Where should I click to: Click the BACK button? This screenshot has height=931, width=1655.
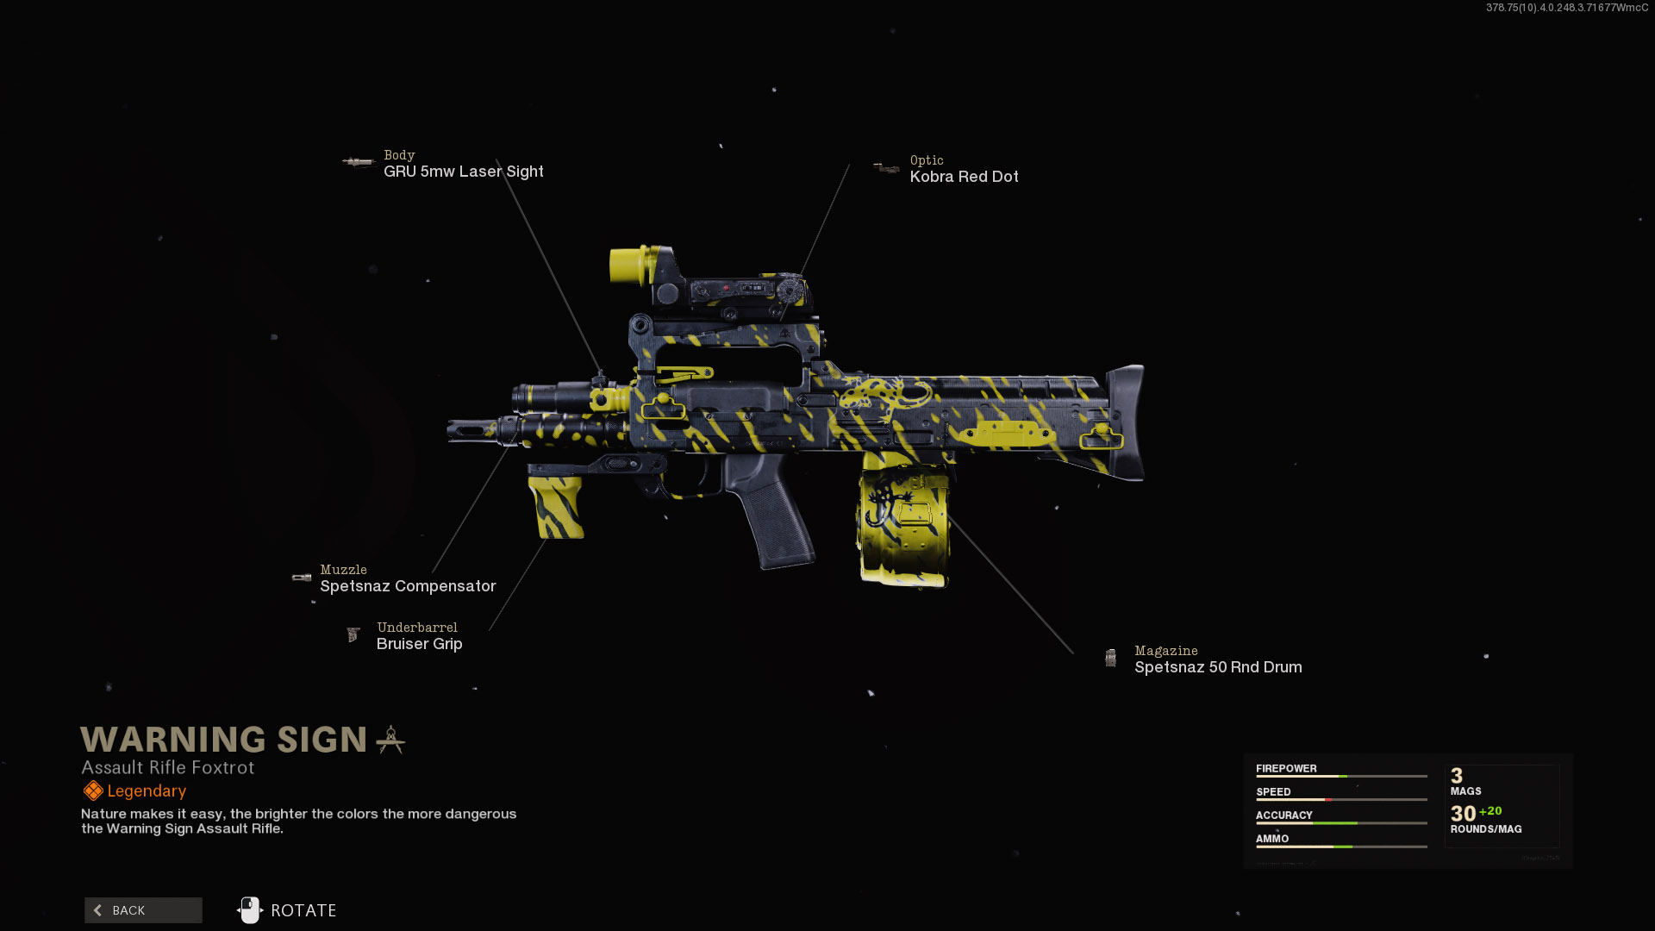(x=143, y=910)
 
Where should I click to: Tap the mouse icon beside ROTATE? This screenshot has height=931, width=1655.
(x=250, y=910)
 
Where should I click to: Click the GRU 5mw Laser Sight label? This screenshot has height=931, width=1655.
(x=463, y=172)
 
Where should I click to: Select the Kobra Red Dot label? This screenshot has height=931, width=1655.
(x=964, y=177)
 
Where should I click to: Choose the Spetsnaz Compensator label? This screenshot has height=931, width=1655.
(x=408, y=586)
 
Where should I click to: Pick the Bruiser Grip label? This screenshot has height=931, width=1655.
(x=419, y=644)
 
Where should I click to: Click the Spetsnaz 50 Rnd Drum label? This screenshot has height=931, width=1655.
(x=1217, y=667)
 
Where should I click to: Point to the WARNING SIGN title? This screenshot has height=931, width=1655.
(x=224, y=740)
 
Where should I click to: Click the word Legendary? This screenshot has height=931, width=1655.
(x=147, y=791)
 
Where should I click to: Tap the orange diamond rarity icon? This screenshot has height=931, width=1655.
(x=93, y=790)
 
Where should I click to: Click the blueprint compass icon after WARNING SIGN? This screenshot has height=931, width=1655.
(x=390, y=740)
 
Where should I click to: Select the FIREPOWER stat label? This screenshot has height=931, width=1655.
(x=1286, y=769)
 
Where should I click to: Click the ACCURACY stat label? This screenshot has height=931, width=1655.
(x=1283, y=815)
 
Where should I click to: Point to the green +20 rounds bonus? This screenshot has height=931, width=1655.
(x=1490, y=811)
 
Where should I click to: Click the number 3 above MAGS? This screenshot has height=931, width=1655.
(x=1457, y=776)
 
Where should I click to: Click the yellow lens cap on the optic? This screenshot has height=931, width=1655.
(x=628, y=265)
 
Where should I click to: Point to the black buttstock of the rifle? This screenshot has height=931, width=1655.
(x=1125, y=422)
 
